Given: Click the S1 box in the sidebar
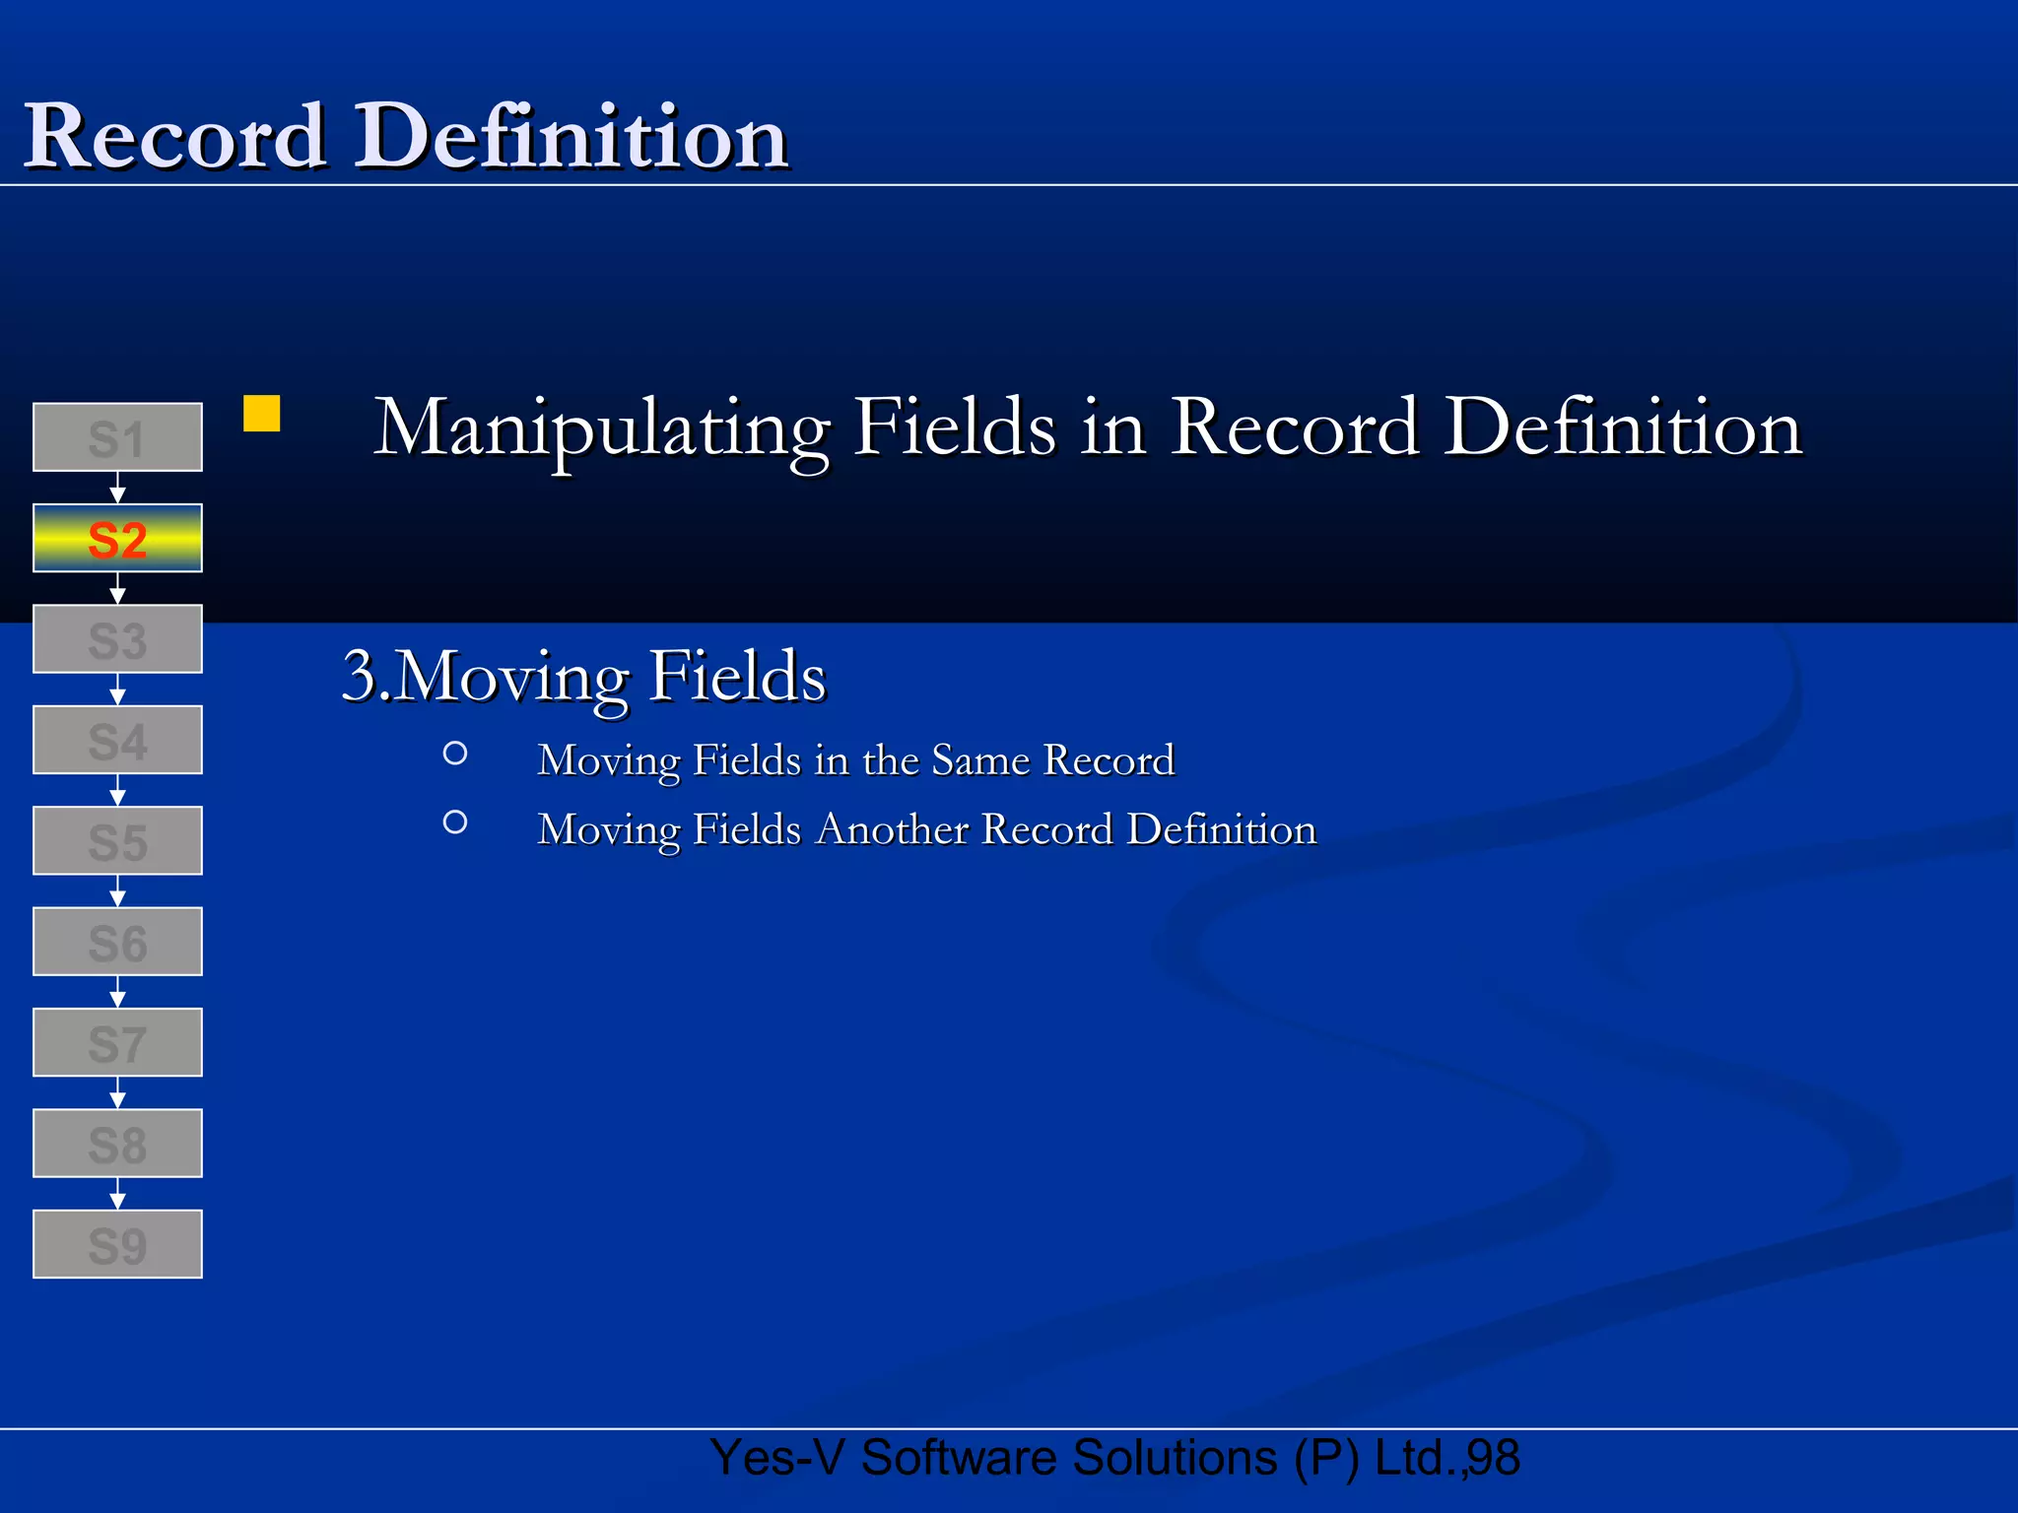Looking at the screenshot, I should pyautogui.click(x=117, y=437).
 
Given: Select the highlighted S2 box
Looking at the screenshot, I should pyautogui.click(x=117, y=539).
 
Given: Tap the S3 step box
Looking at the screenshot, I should pyautogui.click(x=117, y=639).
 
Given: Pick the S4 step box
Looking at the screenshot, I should pyautogui.click(x=117, y=741).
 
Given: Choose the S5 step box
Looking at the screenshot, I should pyautogui.click(x=117, y=841).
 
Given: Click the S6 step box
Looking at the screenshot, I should pyautogui.click(x=117, y=943).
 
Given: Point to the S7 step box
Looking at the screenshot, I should pyautogui.click(x=117, y=1043).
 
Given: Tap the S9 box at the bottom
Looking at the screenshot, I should pyautogui.click(x=117, y=1245).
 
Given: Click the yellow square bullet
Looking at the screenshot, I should pyautogui.click(x=262, y=414).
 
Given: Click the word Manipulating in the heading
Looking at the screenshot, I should pyautogui.click(x=602, y=429).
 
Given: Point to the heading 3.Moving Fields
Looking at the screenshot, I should pyautogui.click(x=583, y=678).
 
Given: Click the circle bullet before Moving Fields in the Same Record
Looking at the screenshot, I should pyautogui.click(x=455, y=754).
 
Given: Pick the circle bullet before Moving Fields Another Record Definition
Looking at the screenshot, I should pyautogui.click(x=455, y=822).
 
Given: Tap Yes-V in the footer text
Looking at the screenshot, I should pyautogui.click(x=776, y=1458).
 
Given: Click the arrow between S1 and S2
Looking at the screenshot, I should pyautogui.click(x=117, y=488).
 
